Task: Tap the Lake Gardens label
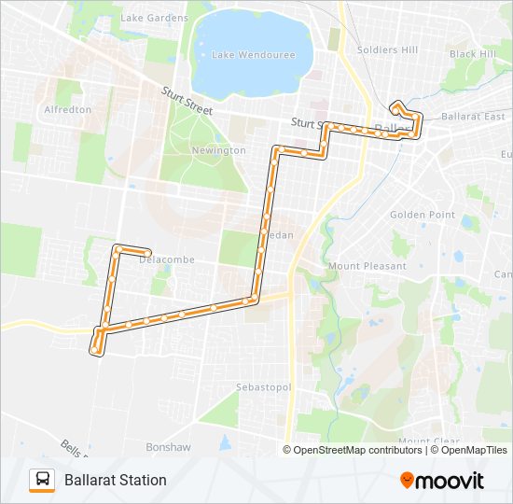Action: click(154, 18)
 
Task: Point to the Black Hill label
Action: click(473, 54)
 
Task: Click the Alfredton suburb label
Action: click(67, 109)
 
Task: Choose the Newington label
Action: click(218, 150)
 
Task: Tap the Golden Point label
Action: click(422, 215)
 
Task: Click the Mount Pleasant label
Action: click(367, 266)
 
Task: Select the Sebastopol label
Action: click(264, 386)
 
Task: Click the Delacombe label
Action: click(166, 259)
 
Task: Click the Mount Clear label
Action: click(426, 441)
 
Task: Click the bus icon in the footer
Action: click(42, 480)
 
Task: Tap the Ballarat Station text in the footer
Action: click(116, 480)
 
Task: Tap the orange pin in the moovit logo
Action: click(408, 481)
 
